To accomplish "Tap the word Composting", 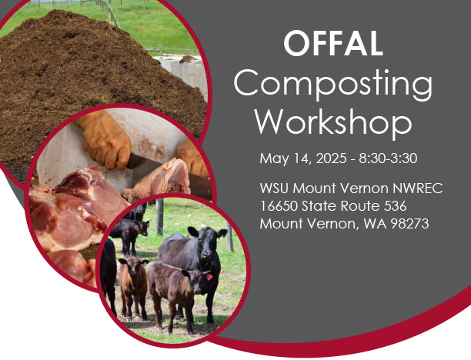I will click(332, 83).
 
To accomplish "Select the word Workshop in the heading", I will click(332, 122).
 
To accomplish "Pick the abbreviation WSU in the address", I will click(275, 188).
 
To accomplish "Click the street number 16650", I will click(279, 206).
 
